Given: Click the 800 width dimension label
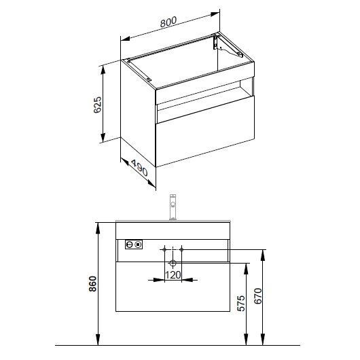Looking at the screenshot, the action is point(168,22).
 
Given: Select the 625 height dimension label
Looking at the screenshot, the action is point(97,105).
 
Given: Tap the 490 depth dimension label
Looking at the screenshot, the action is point(139,168).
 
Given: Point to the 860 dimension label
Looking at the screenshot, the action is point(93,284).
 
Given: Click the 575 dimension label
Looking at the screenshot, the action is point(241,303).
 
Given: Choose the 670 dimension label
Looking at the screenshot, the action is point(258,296).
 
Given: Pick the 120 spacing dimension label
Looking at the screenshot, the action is point(173,275).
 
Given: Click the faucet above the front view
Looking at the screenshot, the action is point(173,207).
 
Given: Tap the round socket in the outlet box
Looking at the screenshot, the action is point(130,245).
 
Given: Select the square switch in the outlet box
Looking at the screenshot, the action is point(138,245).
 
